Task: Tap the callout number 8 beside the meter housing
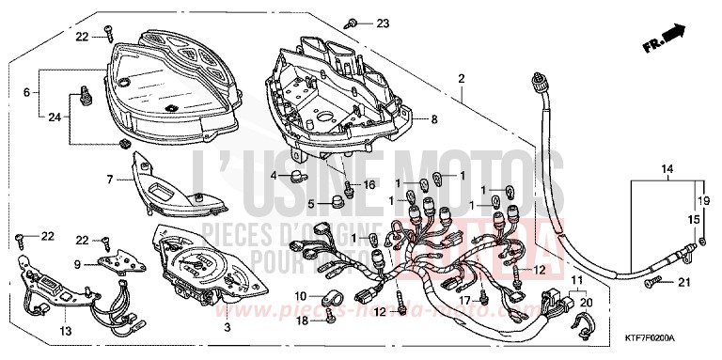pos(434,119)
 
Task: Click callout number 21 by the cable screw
pos(683,284)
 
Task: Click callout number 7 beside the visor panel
pos(110,179)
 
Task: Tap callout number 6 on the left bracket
pos(26,92)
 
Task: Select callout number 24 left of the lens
pos(54,117)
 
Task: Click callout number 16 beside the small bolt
pos(369,184)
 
